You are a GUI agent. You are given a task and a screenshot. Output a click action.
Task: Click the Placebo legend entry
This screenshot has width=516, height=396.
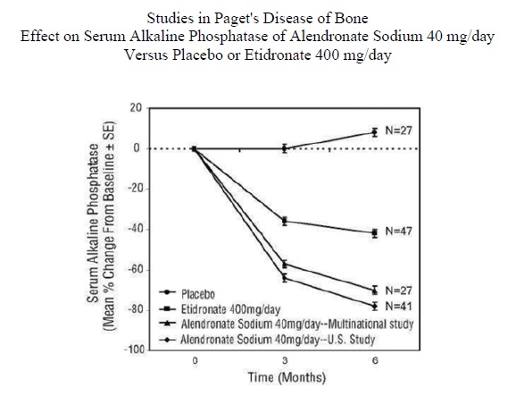coord(187,293)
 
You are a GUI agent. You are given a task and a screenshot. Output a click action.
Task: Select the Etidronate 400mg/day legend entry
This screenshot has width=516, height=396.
coord(220,309)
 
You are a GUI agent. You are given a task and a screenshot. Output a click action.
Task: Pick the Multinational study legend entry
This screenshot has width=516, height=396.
coord(286,324)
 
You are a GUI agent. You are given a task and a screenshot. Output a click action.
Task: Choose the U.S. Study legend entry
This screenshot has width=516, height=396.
coord(267,339)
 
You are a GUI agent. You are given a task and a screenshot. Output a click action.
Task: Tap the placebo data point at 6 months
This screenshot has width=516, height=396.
coord(374,132)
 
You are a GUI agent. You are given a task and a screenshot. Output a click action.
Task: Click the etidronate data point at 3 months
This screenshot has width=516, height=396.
coord(285,221)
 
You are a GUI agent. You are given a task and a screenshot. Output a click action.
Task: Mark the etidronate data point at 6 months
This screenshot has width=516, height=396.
coord(374,233)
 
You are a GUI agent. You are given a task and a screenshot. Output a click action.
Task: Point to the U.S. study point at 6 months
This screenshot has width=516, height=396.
coord(374,306)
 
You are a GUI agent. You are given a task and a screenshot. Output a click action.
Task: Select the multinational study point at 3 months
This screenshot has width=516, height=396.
coord(285,264)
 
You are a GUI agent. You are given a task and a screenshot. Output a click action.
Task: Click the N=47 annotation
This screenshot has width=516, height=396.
coord(398,232)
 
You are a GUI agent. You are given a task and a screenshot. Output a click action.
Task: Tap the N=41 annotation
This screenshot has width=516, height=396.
coord(398,307)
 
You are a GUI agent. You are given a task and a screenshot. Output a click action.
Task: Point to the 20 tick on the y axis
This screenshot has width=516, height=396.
coord(136,108)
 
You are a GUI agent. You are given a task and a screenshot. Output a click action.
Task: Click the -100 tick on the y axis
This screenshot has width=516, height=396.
coord(134,350)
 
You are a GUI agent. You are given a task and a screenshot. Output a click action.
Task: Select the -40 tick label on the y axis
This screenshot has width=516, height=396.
coord(136,229)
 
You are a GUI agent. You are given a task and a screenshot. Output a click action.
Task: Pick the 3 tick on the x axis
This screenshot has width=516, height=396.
coord(285,361)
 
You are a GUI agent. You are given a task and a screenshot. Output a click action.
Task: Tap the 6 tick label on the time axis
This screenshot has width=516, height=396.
coord(375,361)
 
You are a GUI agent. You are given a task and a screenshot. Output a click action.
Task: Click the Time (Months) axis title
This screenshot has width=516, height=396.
coord(287,377)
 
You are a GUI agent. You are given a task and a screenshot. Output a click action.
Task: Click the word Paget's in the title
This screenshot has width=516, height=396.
coord(237,19)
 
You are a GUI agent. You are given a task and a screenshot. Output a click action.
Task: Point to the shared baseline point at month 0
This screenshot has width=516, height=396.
coord(194,149)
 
